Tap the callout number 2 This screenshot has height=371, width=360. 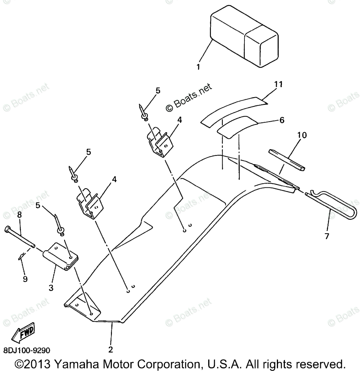click(x=110, y=350)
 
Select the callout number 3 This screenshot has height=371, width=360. click(x=51, y=288)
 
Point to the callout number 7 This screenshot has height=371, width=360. click(x=327, y=236)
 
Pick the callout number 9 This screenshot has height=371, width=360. click(x=25, y=279)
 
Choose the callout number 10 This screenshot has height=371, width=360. click(x=302, y=135)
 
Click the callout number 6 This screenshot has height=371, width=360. click(x=281, y=120)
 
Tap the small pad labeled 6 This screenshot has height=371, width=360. click(x=237, y=126)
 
